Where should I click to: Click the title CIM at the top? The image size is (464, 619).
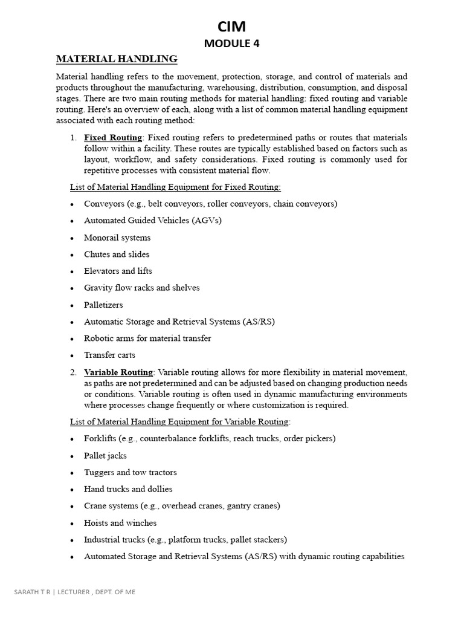tap(231, 26)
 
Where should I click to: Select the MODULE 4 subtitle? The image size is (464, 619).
tap(231, 43)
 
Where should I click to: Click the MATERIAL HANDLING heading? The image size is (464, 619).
tap(117, 59)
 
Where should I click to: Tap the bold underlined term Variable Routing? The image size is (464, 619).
tap(119, 372)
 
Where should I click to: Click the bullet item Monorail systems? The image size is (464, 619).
tap(117, 238)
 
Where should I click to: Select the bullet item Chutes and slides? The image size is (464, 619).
tap(117, 254)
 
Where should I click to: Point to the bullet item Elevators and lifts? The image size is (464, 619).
tap(118, 271)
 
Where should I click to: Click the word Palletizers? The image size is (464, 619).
tap(103, 305)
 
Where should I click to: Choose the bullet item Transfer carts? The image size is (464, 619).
tap(109, 355)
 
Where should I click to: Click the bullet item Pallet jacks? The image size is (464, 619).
tap(105, 456)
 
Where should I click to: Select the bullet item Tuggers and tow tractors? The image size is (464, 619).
tap(130, 473)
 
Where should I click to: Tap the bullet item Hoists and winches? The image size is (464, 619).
tap(120, 523)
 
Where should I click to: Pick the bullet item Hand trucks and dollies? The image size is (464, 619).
tap(128, 489)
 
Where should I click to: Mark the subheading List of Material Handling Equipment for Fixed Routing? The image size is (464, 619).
tap(175, 187)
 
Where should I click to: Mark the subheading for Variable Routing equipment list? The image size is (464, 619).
tap(180, 421)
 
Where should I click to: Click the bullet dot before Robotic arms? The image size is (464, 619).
tap(72, 339)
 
